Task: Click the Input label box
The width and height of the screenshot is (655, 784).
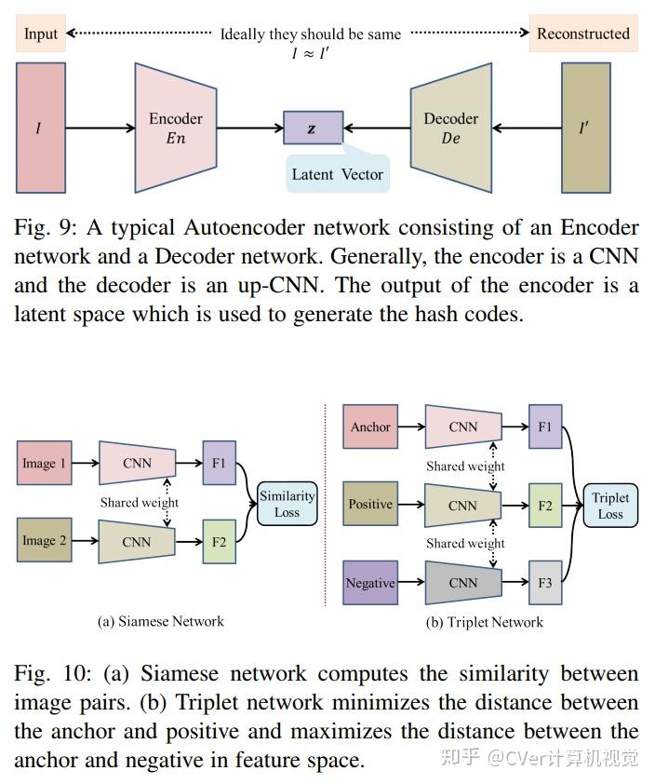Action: (41, 34)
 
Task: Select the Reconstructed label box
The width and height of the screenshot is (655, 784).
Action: (583, 34)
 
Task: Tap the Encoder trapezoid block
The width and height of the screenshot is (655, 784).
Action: (176, 128)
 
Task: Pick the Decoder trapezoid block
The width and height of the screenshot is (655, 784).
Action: (450, 128)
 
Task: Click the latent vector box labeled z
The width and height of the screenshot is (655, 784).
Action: (313, 128)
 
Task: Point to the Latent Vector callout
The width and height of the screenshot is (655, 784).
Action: (337, 174)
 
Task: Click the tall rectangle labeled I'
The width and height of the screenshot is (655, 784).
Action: (585, 128)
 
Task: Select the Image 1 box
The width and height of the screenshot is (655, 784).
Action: (45, 464)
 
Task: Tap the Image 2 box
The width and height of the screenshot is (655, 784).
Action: (45, 541)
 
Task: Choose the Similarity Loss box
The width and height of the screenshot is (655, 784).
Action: (287, 504)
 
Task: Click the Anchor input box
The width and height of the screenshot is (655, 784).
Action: (370, 427)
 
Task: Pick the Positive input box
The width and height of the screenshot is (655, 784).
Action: (370, 505)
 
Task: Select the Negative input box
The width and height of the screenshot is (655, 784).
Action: (370, 584)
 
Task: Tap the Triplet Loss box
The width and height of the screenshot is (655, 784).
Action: (610, 506)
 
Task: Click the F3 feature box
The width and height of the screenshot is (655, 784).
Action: (545, 584)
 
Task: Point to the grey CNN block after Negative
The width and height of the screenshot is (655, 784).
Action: (462, 584)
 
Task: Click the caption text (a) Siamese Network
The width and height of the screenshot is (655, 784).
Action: (161, 621)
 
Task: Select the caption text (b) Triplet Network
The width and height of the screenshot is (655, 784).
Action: (485, 622)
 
